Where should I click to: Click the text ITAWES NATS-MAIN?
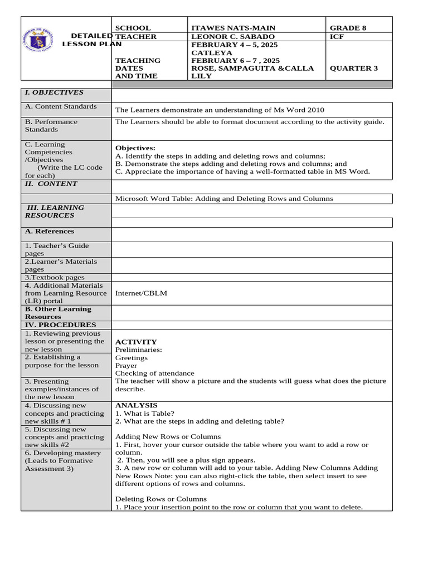tap(233, 28)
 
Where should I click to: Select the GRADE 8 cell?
tap(348, 28)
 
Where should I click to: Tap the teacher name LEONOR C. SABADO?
tap(232, 37)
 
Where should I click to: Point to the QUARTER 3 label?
tap(353, 68)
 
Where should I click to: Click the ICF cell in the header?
tap(337, 37)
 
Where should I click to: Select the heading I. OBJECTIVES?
tap(53, 92)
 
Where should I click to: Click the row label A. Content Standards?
tap(60, 106)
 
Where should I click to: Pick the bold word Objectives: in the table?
tap(135, 148)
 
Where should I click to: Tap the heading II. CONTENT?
tap(51, 184)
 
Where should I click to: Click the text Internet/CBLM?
tap(141, 293)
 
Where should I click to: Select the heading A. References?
tap(49, 232)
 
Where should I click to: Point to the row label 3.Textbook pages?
tap(54, 277)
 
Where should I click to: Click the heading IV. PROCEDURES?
tap(60, 325)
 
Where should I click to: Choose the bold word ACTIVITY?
tap(136, 342)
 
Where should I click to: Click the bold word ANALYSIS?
tap(136, 406)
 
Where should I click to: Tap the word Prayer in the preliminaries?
tap(126, 366)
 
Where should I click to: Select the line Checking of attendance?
tap(155, 374)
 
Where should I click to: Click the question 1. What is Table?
tap(144, 414)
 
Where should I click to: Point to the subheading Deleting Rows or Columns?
tap(160, 499)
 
